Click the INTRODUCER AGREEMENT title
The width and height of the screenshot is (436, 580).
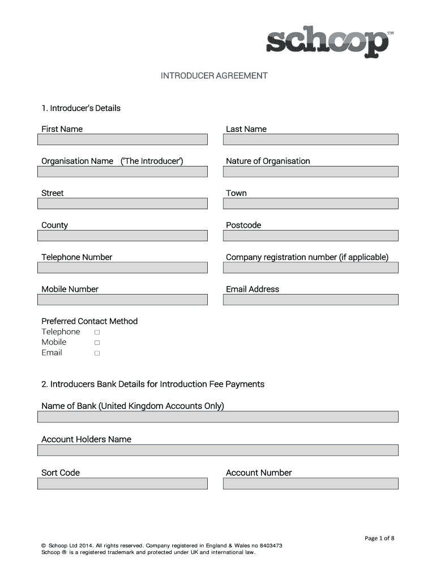[214, 75]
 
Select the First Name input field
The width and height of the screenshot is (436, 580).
[123, 139]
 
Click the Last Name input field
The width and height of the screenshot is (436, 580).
[310, 139]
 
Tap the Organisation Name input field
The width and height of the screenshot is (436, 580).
[123, 172]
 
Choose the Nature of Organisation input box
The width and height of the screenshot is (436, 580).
[310, 172]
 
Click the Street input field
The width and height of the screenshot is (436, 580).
[123, 203]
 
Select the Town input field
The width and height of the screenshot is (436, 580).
[310, 203]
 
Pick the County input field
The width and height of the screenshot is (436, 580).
[123, 236]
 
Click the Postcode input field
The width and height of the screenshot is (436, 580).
[310, 236]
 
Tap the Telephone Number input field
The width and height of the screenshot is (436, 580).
[123, 267]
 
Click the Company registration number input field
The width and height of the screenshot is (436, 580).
[310, 267]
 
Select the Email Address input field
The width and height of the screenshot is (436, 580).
[310, 300]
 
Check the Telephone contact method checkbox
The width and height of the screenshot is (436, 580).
[97, 332]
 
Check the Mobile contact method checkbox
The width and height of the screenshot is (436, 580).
[97, 343]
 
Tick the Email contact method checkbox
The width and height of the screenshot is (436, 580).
[97, 353]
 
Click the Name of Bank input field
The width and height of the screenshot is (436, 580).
[218, 417]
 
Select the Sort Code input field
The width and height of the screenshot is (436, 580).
[123, 484]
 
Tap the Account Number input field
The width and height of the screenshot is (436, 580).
[310, 484]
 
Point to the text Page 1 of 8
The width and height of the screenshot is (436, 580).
[379, 539]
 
